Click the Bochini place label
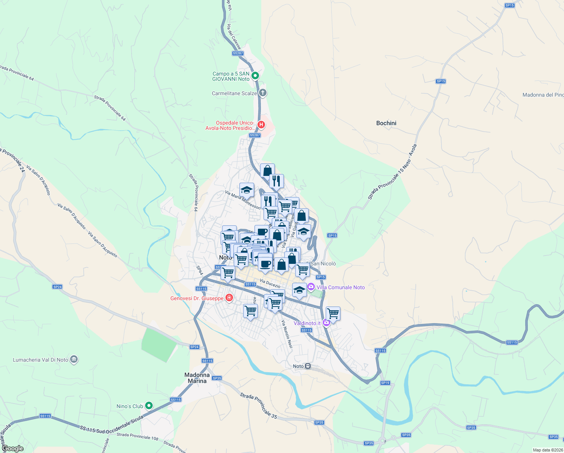(386, 123)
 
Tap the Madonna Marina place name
(197, 378)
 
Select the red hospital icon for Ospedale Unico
(261, 125)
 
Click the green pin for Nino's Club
(149, 406)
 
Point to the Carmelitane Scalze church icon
(263, 92)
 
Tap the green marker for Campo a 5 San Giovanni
(255, 76)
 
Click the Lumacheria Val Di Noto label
(40, 360)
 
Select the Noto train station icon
(308, 366)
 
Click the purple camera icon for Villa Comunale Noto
(311, 287)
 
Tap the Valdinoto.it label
(307, 323)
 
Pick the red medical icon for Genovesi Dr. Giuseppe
(229, 298)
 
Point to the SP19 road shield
(385, 383)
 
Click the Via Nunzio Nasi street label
(287, 334)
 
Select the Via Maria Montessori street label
(243, 200)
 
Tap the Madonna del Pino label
(543, 95)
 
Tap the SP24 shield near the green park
(194, 347)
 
